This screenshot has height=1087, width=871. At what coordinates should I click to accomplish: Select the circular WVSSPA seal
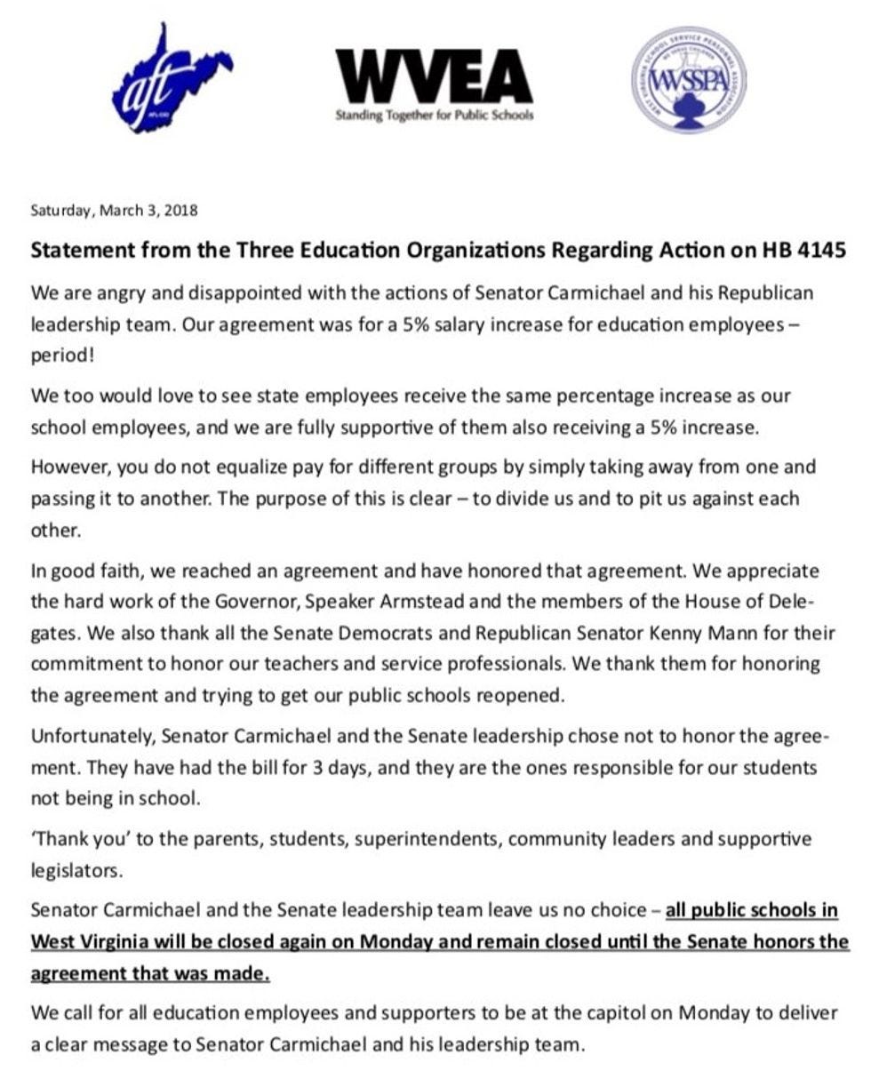(688, 80)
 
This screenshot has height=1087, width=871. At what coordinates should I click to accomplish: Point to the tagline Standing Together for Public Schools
(434, 115)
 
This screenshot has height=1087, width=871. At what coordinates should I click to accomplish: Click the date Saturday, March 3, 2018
(114, 211)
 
